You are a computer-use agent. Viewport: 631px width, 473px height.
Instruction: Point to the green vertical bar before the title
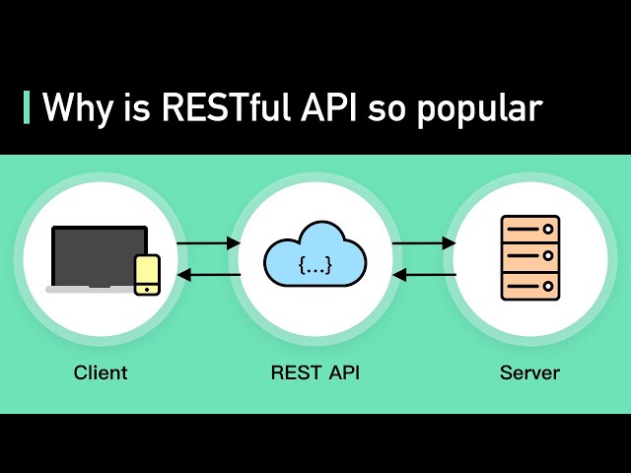pos(26,107)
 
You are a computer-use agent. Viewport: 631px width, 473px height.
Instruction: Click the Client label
pos(101,373)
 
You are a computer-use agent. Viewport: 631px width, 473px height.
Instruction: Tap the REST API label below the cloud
pos(315,373)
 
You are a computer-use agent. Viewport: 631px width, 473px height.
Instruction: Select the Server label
pos(529,373)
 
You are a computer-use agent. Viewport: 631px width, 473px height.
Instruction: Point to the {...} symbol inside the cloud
pos(315,265)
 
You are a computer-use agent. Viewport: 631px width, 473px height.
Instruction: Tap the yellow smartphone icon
pos(147,273)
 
